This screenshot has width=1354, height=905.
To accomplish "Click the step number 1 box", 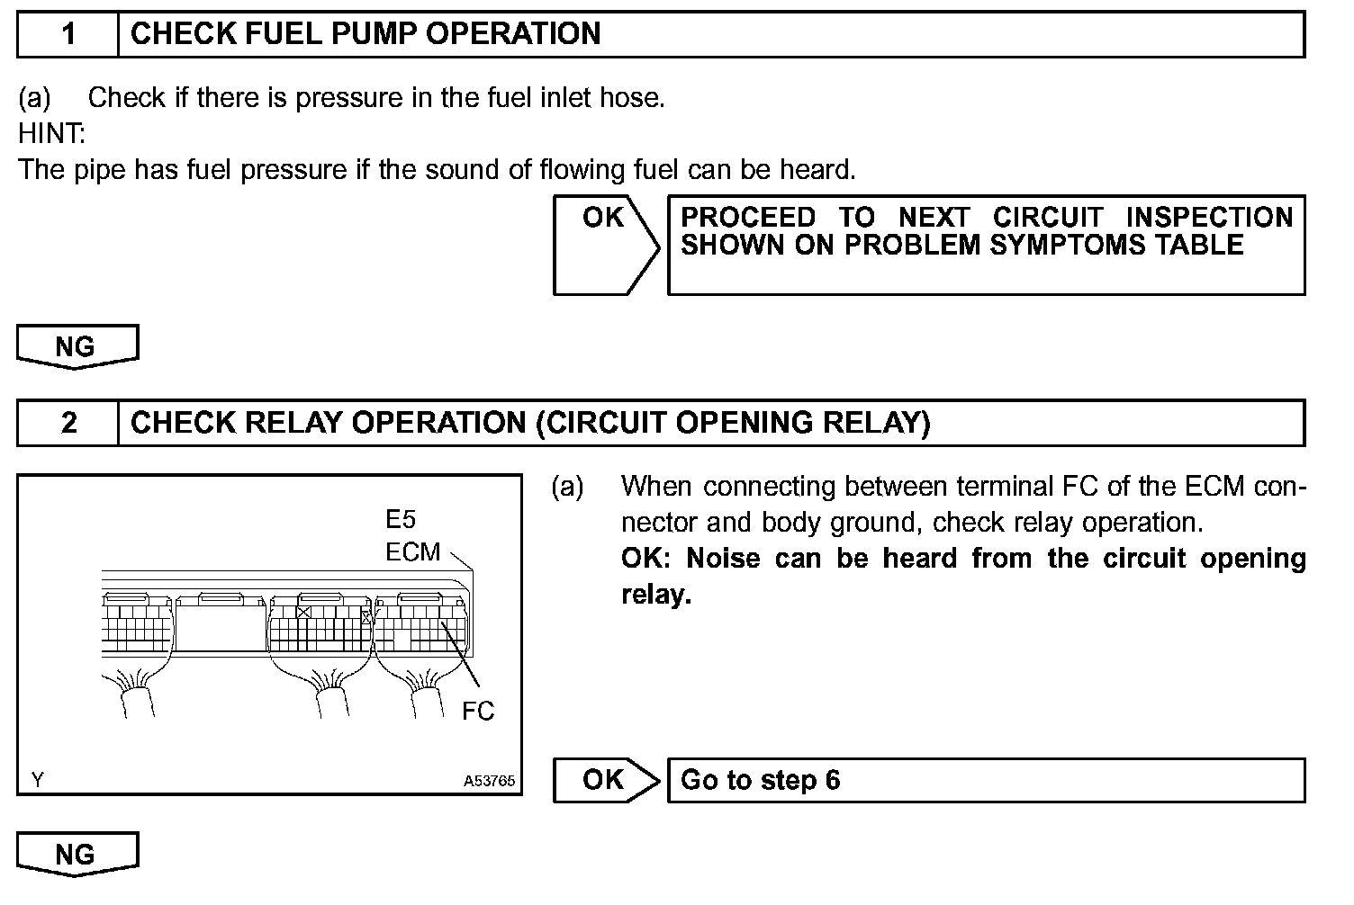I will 68,34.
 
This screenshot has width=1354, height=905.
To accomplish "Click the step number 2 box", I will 68,423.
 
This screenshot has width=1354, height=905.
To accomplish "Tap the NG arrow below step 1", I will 77,346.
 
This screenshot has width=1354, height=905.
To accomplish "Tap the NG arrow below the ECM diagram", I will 77,854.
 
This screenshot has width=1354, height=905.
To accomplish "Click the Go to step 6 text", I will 760,779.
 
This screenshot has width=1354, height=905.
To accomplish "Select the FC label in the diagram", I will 478,711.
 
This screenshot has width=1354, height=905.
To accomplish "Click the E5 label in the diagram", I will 401,519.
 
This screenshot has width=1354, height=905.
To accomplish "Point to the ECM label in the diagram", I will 412,551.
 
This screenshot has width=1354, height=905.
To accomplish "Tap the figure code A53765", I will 490,781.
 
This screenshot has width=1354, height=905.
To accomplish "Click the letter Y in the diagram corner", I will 37,780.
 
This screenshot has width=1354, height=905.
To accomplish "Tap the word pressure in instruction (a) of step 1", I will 349,97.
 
